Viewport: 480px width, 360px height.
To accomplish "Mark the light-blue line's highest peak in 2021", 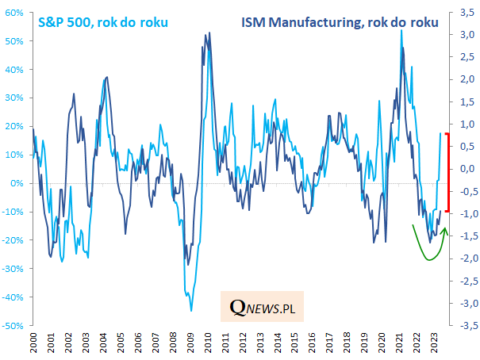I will [x=401, y=30].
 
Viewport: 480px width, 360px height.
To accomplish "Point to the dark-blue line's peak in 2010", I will [x=209, y=33].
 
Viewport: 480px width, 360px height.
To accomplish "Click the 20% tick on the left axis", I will [x=17, y=126].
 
